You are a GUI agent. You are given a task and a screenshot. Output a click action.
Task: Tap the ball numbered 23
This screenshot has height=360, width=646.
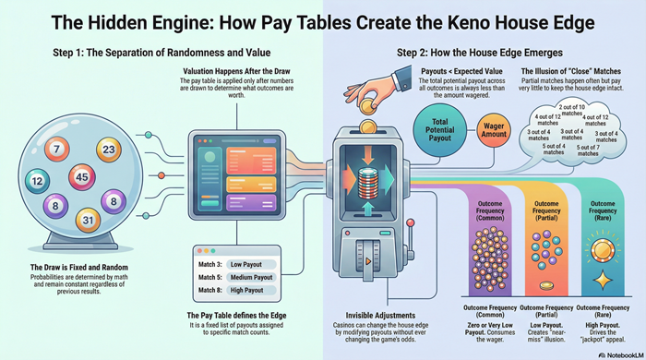pos(109,150)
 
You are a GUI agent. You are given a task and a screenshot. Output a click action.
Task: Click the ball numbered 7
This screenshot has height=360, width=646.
pos(57,148)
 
